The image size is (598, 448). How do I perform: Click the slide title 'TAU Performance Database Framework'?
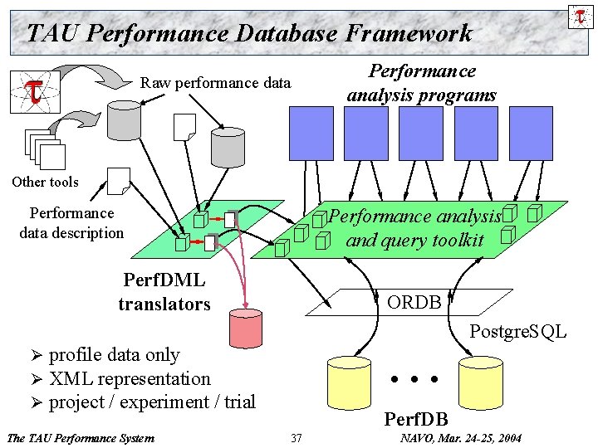coord(249,33)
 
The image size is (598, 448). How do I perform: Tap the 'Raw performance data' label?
coord(216,83)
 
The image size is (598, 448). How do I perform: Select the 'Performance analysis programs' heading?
coord(421,83)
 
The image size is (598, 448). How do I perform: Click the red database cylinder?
coord(247,329)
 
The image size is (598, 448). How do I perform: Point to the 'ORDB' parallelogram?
coord(413,302)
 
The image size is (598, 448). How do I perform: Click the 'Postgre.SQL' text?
coord(517,333)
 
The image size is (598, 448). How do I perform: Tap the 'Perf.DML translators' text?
coord(164,292)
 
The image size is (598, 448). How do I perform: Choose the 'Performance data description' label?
coord(71,223)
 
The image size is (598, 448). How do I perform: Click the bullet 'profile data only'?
coord(114,355)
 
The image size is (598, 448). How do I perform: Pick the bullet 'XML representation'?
coord(130,378)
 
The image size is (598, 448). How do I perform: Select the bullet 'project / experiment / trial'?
coord(152,402)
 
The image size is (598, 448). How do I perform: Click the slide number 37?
coord(297,437)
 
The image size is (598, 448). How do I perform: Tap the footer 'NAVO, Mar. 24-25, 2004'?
coord(461,437)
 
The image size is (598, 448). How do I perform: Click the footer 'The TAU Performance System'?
coord(80,437)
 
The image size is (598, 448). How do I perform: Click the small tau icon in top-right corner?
coord(578,15)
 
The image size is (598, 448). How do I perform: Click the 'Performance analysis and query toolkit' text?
coord(414,228)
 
